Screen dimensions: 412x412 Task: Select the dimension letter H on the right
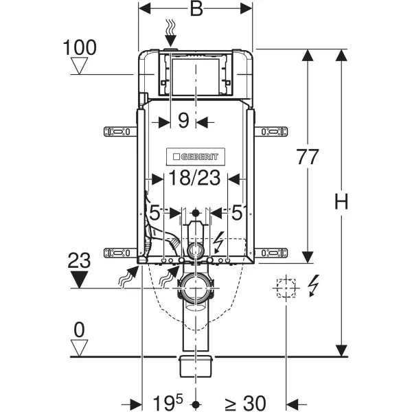[342, 201]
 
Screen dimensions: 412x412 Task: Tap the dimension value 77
[308, 157]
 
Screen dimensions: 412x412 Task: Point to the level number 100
[80, 48]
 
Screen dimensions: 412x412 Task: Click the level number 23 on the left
[80, 261]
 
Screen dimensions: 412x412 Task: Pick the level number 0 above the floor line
[80, 330]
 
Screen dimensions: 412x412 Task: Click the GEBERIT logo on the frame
[196, 156]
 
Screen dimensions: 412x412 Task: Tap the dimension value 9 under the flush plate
[183, 122]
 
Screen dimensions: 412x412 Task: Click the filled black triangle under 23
[80, 279]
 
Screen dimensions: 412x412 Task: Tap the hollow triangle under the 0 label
[80, 347]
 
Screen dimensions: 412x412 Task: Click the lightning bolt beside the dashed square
[313, 285]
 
